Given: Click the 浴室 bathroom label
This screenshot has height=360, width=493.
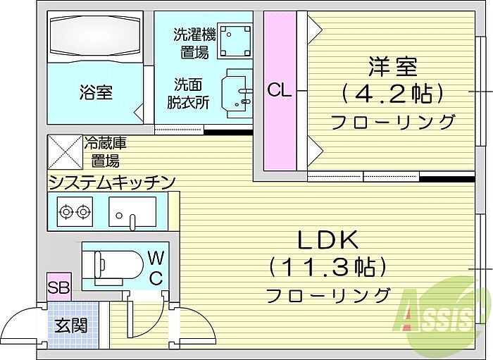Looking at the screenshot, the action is coord(96,92).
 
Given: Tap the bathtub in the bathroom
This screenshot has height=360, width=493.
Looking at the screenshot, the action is coord(96,37).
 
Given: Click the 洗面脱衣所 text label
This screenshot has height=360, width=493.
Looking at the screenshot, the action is coord(188,92).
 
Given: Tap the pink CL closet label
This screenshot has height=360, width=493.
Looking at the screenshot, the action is coord(279,90).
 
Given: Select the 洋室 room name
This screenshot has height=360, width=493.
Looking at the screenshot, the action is coord(392,66).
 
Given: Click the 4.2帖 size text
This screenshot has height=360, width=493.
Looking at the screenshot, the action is coord(392,92).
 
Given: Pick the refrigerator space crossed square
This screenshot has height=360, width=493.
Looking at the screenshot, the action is coord(64,151).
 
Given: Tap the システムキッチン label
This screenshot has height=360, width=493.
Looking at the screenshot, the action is coord(111,183).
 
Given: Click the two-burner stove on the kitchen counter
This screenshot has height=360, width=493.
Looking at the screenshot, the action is coord(75,210).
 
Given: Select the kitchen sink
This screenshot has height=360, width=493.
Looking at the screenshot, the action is coord(133,211).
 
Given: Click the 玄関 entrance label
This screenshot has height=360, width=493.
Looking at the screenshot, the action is coord(71,325).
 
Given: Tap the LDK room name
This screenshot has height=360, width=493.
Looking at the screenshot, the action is coord(327,241).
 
